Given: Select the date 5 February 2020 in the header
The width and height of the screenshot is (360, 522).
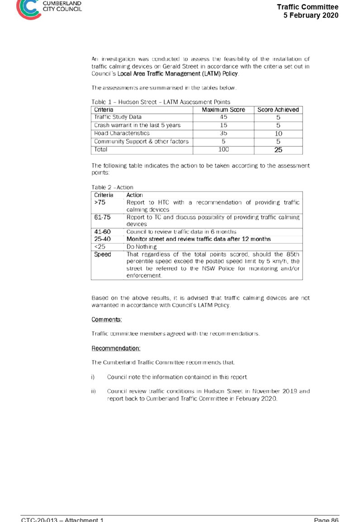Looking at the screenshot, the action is coord(311,15).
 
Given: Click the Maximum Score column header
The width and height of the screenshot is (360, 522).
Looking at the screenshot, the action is coord(223,110).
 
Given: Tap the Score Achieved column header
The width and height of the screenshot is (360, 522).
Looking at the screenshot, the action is coord(278,110).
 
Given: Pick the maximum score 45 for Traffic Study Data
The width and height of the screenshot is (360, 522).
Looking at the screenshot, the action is coord(223,117).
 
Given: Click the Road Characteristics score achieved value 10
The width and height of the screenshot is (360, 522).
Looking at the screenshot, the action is coord(279,133).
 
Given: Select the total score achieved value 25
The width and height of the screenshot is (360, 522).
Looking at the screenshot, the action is coord(279,150).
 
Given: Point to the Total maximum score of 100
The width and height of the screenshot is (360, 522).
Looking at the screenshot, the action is coord(223,150).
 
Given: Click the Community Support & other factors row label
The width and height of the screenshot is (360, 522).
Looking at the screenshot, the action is coord(141,141).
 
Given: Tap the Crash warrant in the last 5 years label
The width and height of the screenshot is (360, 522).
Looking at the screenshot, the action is coord(137,125).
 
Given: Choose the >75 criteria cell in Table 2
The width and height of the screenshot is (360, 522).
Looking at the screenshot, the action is coord(99,202).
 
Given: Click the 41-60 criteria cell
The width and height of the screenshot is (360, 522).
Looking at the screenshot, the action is coord(102,232).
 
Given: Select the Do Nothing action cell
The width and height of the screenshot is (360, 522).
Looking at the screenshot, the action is coord(142,247).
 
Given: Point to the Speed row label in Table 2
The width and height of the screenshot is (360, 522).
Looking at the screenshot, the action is coord(102,254).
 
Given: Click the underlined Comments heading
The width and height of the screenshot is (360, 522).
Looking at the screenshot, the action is coord(107,320).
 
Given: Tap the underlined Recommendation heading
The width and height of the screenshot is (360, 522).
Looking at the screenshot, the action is coord(116,348).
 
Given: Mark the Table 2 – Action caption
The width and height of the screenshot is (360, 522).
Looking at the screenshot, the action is coord(112,188).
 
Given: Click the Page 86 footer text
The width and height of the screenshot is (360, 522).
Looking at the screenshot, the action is coord(326,520).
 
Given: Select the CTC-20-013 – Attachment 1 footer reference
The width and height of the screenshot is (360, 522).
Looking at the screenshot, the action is coord(62,520).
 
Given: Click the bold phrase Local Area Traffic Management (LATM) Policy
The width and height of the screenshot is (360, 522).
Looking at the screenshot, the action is coord(178,74).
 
